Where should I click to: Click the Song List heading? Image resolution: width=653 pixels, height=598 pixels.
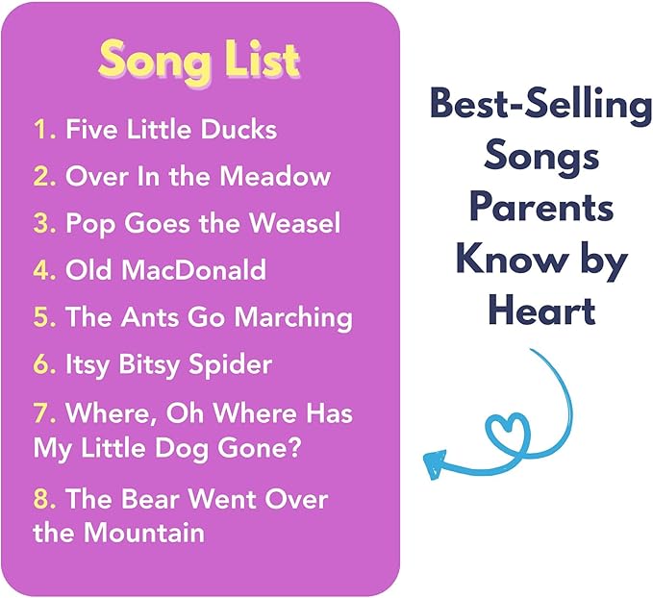pyautogui.click(x=199, y=60)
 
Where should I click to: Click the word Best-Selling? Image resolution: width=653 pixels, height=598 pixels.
pyautogui.click(x=540, y=105)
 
